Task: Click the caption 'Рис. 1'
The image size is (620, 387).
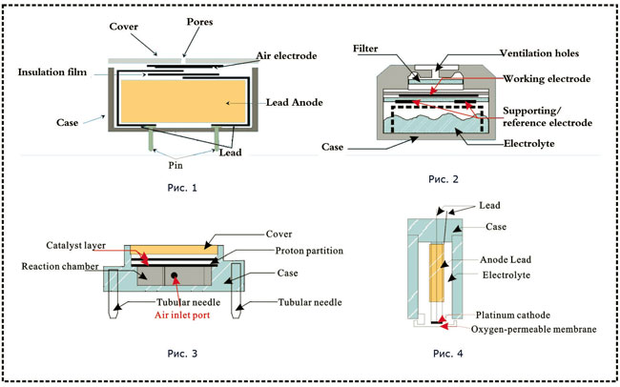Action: pos(181,187)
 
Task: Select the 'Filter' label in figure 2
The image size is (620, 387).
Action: pos(367,45)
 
